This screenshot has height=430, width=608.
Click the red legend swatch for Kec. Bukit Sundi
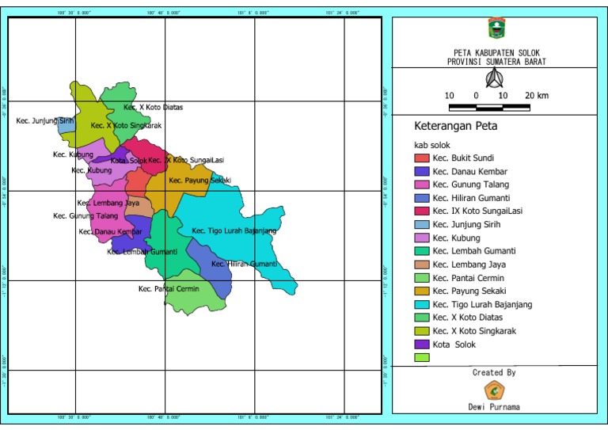(x=422, y=158)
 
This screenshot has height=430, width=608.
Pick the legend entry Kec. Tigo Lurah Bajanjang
(x=482, y=304)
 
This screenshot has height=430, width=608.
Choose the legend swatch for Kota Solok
(x=422, y=344)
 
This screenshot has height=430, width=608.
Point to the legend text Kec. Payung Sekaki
(x=470, y=291)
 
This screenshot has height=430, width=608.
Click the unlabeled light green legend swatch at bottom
(x=422, y=358)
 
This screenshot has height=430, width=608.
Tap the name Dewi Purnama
(x=495, y=407)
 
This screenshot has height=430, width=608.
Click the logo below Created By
(x=495, y=390)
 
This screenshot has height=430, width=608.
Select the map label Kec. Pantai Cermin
(x=169, y=289)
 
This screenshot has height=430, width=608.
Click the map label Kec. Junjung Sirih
(x=40, y=121)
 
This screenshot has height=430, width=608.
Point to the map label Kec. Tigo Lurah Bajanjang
(x=234, y=231)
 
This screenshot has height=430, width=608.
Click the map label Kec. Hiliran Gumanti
(x=244, y=264)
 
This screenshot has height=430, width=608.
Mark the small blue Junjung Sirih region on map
(x=67, y=125)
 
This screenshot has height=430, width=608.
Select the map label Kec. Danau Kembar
(x=110, y=232)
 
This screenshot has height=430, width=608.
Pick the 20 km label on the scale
(x=538, y=96)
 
